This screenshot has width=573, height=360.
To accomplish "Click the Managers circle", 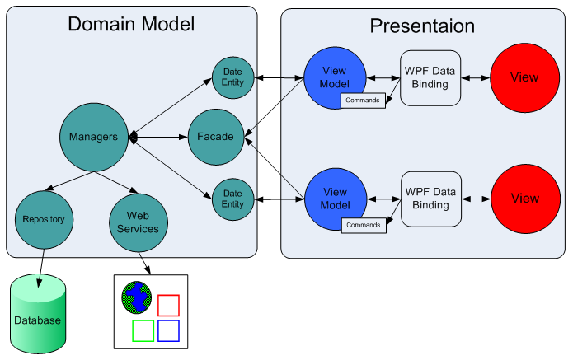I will (94, 137).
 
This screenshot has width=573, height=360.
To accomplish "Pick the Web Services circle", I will (139, 222).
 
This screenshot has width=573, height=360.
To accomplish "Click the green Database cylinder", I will (37, 316).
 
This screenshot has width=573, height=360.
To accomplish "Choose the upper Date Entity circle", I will (232, 78).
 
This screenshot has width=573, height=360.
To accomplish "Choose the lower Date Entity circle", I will (232, 199).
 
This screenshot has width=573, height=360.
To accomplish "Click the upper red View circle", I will (524, 77).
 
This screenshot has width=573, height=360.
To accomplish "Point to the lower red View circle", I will (524, 198).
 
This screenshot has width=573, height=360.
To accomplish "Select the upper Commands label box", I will (363, 101).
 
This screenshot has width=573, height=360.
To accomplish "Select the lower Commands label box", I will (363, 224).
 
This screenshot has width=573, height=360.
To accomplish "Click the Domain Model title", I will (131, 25).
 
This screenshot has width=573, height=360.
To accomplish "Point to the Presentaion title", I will (422, 26).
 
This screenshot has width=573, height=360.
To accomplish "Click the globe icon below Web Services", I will (137, 297).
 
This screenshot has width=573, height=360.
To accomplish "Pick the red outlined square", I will (168, 305).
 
